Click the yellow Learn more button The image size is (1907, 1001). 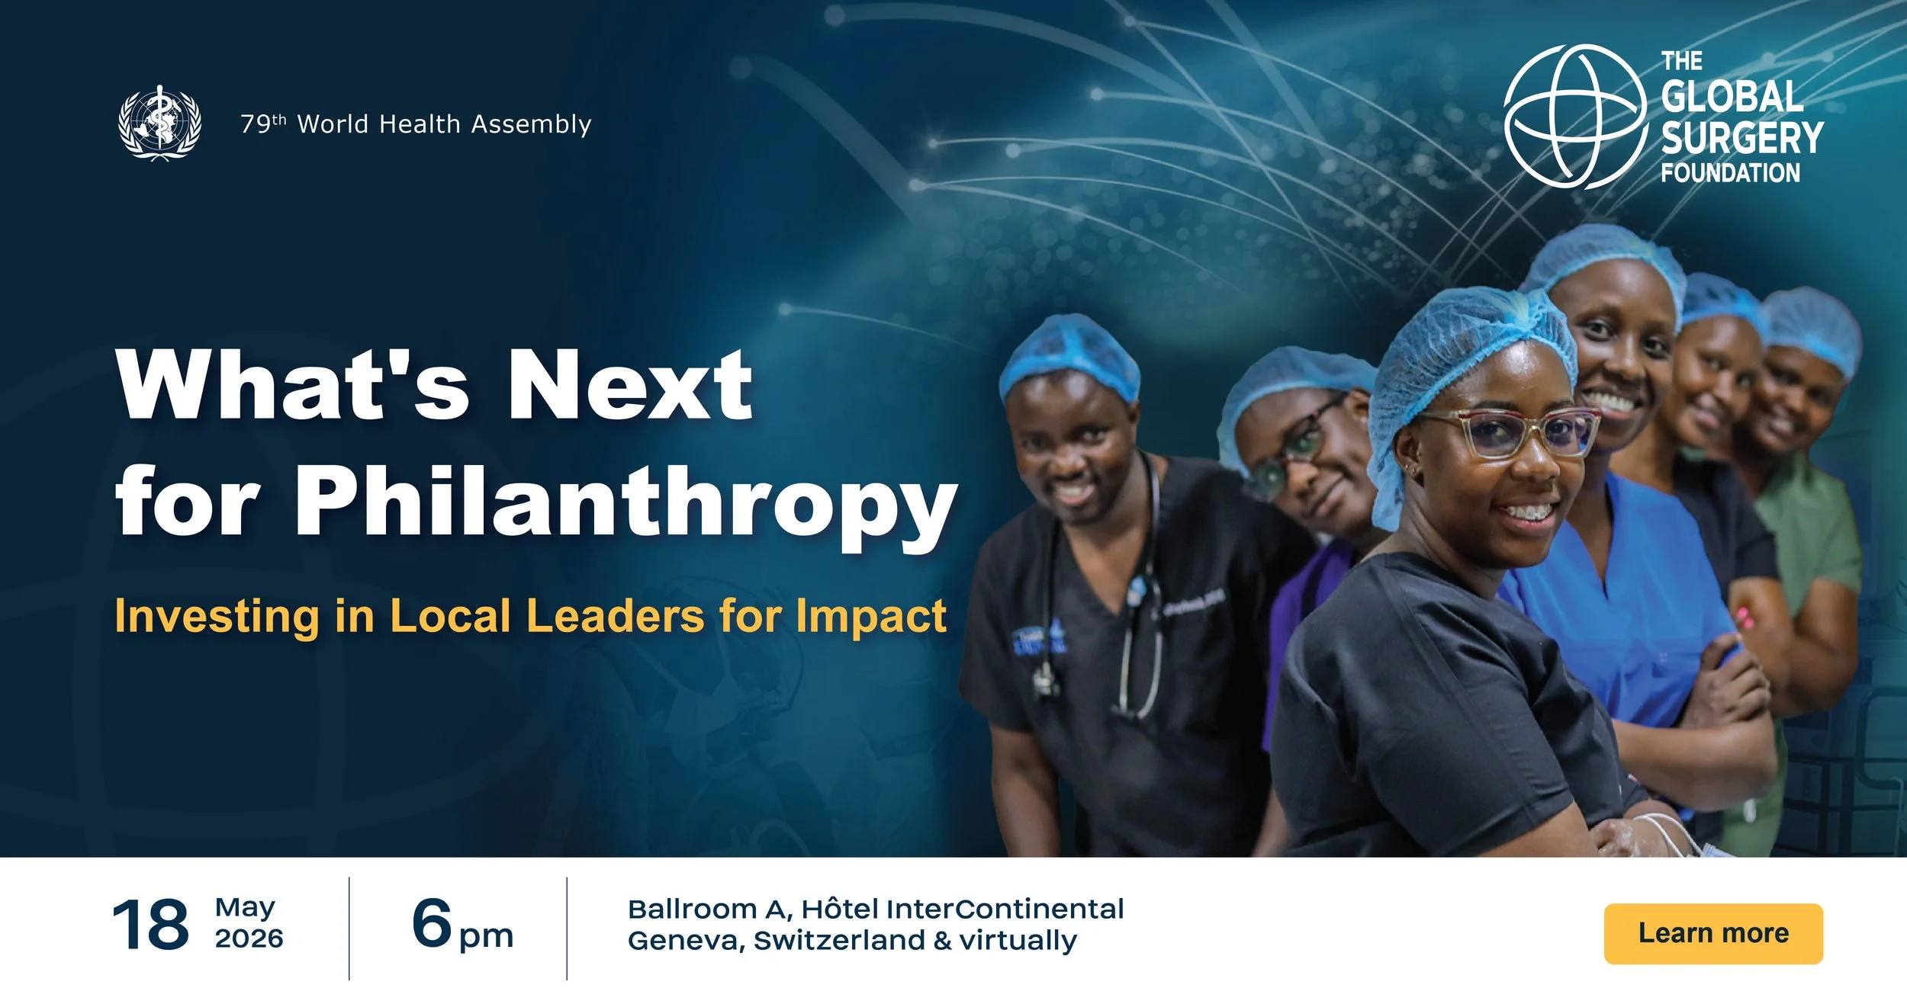coord(1712,933)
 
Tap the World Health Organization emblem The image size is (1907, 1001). coord(159,123)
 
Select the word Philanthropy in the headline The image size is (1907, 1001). coord(625,502)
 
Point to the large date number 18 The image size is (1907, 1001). coord(150,925)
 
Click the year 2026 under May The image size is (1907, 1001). coord(249,938)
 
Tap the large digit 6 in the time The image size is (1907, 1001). coord(433,922)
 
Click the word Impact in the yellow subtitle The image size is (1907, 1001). coord(870,616)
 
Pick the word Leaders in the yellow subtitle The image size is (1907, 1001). coord(615,616)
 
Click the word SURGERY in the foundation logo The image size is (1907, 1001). coord(1742,138)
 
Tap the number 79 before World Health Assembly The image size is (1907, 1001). coord(256,124)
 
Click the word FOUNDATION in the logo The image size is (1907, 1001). coord(1730,173)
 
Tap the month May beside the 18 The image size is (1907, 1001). coord(244,907)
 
